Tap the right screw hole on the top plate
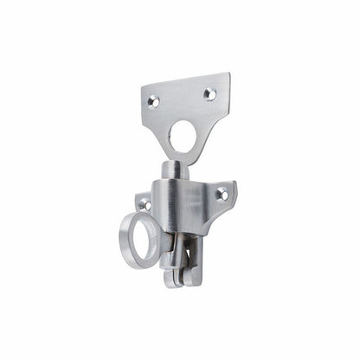[209, 93]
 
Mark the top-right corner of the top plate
[229, 74]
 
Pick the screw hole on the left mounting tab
[145, 205]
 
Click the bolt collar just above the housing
[174, 176]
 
